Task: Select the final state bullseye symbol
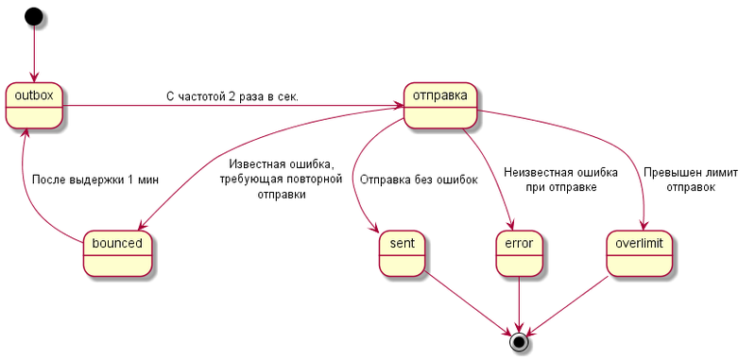tap(518, 341)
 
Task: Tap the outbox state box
tap(34, 106)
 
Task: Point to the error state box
tap(519, 253)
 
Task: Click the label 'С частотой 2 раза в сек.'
tap(232, 96)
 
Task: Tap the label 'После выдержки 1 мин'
tap(94, 180)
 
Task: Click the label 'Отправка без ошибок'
tap(419, 180)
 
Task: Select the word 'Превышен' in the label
tap(668, 172)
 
